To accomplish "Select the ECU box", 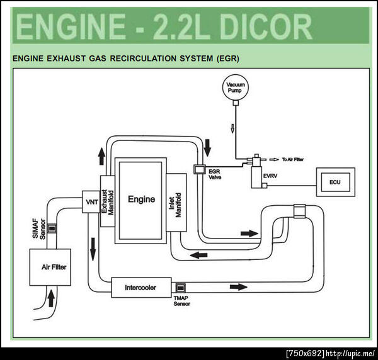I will (335, 183).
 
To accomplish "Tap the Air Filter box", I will (54, 267).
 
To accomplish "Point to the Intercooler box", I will (141, 288).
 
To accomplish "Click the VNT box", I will (91, 201).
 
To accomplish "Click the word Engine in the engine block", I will (141, 199).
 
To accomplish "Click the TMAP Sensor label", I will (181, 303).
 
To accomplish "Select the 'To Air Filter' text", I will (293, 160).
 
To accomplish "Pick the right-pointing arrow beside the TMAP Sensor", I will (238, 287).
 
